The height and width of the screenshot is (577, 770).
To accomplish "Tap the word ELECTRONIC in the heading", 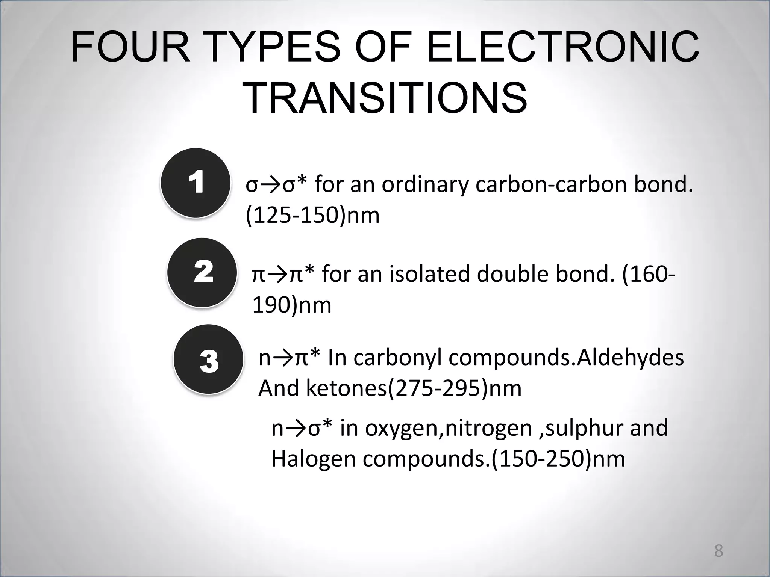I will click(563, 48).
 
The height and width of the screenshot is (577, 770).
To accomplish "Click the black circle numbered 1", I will click(196, 183).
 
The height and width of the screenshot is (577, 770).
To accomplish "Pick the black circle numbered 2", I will click(202, 272).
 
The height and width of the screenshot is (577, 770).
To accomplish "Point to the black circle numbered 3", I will click(208, 359).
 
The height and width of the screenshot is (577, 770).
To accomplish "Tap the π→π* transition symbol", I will click(283, 274).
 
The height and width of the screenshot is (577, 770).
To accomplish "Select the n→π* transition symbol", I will click(289, 358).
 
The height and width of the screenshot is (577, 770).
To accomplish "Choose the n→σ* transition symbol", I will click(302, 428).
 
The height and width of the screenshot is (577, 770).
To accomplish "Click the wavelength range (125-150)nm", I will click(312, 216).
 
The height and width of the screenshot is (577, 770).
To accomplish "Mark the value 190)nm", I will click(292, 305).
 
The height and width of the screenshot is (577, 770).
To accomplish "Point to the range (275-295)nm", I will click(454, 388).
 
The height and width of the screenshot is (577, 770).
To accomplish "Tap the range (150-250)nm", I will click(558, 459).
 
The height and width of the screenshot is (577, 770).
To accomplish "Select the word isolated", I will click(429, 274).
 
